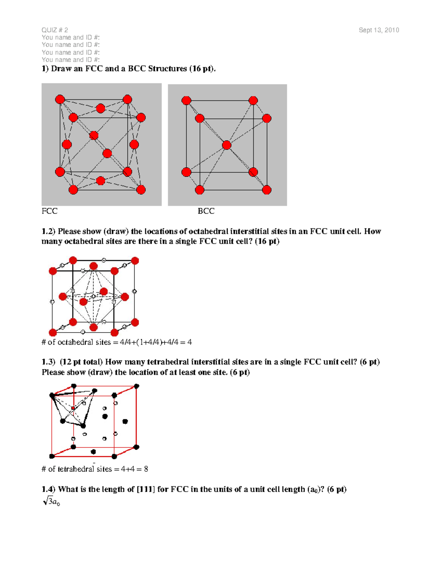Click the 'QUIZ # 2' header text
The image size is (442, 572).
tap(55, 30)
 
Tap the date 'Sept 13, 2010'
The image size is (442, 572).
tap(379, 30)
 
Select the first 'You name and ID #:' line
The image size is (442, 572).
tap(70, 38)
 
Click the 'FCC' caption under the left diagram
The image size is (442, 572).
tap(49, 211)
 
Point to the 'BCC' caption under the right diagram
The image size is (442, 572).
tap(206, 211)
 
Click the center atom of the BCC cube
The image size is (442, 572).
tap(227, 145)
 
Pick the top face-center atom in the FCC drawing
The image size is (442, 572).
tap(100, 108)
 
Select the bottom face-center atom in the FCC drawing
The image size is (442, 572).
tap(100, 180)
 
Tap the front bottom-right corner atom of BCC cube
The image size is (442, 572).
tap(266, 190)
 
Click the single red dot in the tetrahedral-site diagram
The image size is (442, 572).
tap(73, 408)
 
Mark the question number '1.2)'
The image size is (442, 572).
tap(48, 231)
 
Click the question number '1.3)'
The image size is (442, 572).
tap(48, 362)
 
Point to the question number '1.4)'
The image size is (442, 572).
tap(48, 489)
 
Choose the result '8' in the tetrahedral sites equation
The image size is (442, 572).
tap(146, 469)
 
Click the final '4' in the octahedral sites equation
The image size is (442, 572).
tap(189, 342)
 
